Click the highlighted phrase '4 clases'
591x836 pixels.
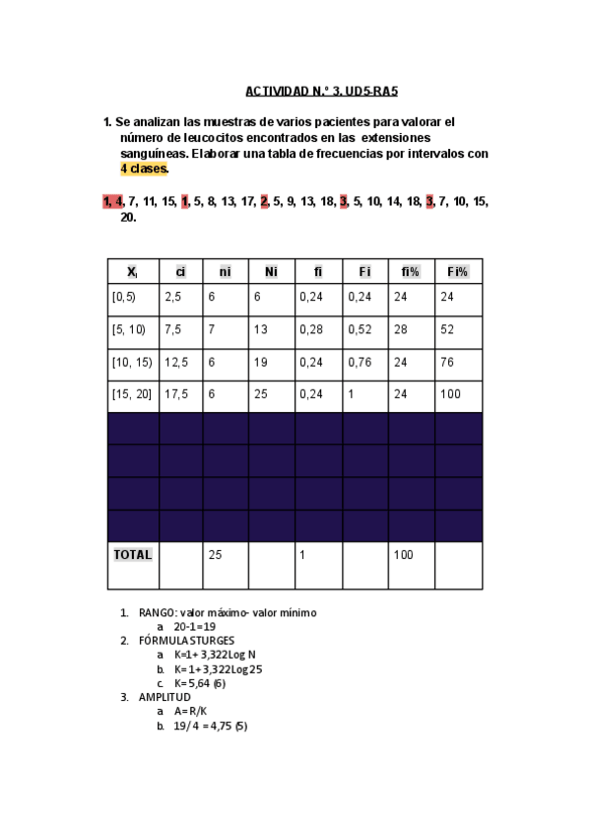(144, 169)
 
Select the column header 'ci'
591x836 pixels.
(180, 271)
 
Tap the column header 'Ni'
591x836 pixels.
(271, 271)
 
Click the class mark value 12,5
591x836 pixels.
(177, 362)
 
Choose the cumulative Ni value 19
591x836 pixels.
(259, 362)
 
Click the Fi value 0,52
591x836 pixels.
(358, 329)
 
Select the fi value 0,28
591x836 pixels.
(310, 329)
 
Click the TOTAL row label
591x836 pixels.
(133, 555)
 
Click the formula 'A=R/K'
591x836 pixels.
(190, 711)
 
